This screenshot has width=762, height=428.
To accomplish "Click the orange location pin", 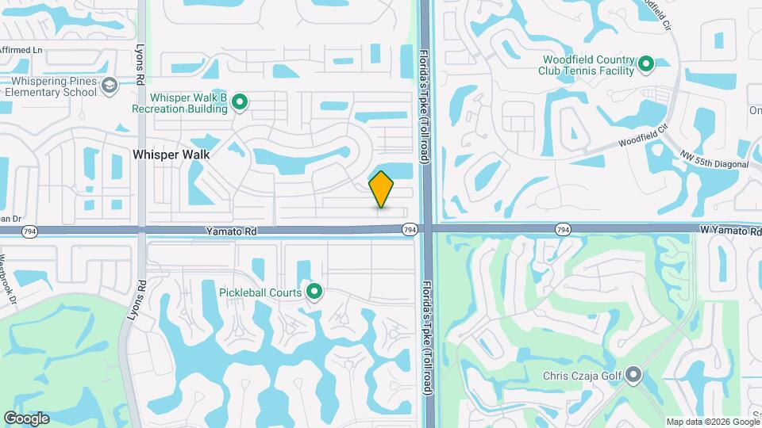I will click(x=382, y=189).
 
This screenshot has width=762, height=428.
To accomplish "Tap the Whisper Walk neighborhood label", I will click(x=171, y=155).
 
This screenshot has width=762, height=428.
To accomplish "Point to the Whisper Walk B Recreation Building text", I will click(x=180, y=103).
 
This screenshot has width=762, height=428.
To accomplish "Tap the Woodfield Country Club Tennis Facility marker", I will click(x=646, y=63).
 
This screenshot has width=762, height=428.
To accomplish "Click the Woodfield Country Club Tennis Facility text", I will click(x=588, y=65).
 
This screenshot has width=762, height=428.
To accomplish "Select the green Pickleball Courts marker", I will click(x=314, y=292).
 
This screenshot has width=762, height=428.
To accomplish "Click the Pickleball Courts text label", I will click(x=260, y=292).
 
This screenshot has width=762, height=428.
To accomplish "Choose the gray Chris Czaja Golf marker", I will click(x=633, y=375).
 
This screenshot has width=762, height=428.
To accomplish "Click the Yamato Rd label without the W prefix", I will click(x=219, y=230).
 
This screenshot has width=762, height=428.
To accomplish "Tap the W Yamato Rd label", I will click(x=729, y=230).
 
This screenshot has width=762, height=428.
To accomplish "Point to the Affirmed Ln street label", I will click(x=21, y=49).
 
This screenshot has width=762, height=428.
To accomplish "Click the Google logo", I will click(x=26, y=418).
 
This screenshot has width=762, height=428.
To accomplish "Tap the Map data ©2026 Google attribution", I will click(x=712, y=422).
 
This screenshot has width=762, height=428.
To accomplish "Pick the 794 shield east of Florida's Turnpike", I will click(x=563, y=230).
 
